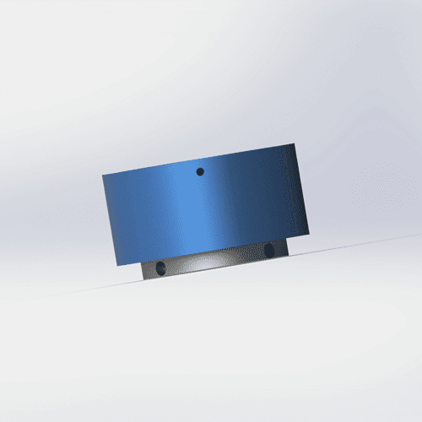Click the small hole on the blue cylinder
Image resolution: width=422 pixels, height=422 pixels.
(x=200, y=171)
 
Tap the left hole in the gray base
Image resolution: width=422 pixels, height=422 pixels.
(x=160, y=268)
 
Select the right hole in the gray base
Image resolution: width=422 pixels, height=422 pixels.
(x=269, y=250)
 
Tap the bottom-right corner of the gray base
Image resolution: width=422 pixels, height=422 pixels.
(x=288, y=255)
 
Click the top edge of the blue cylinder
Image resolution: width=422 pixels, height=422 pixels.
(x=199, y=160)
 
